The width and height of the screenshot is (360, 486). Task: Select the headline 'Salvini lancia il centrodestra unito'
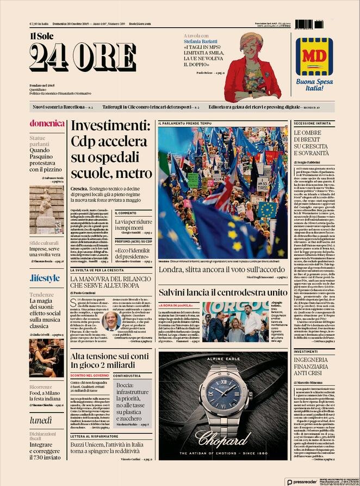222,292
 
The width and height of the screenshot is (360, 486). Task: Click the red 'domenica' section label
47,124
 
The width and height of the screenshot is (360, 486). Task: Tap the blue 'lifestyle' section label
45,278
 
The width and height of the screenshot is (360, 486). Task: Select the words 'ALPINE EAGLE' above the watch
223,359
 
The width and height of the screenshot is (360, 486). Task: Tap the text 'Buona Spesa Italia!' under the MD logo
314,85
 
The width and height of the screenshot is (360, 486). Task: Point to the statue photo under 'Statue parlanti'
47,209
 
